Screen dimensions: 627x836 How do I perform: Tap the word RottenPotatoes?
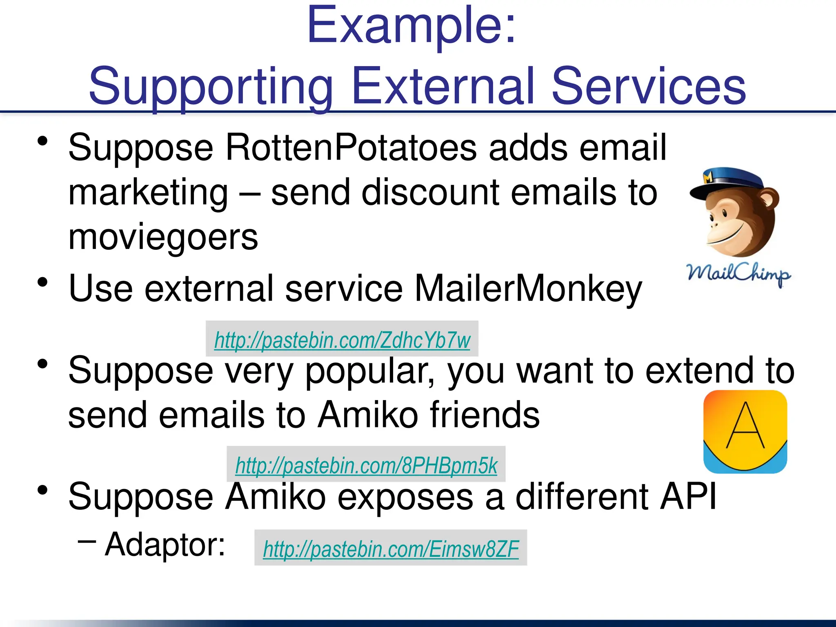(x=351, y=148)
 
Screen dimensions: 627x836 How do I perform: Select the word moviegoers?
(x=163, y=238)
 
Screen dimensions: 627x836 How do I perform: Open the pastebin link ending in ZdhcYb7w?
(x=342, y=340)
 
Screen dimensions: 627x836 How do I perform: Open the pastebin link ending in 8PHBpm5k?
(x=366, y=465)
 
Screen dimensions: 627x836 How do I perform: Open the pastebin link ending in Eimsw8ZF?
(x=391, y=549)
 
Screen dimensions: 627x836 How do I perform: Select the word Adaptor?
(x=165, y=545)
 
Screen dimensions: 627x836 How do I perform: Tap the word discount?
(x=431, y=193)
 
